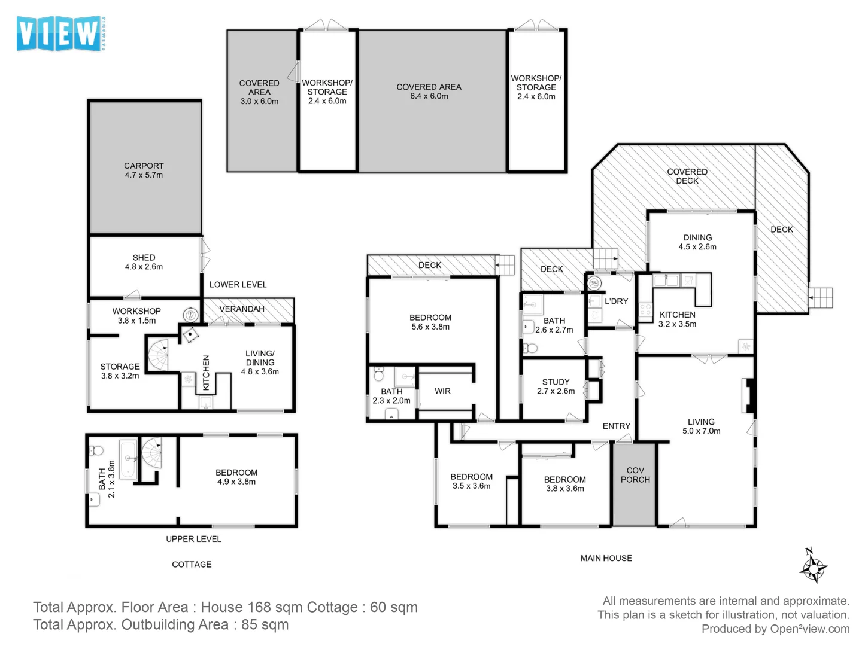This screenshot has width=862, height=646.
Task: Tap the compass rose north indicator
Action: (x=813, y=566)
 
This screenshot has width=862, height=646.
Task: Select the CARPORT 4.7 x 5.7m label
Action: (x=144, y=170)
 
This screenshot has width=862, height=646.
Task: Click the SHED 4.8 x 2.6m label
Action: (x=144, y=262)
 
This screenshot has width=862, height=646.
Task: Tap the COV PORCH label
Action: (x=635, y=475)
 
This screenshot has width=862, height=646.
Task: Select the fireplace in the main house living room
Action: (x=747, y=395)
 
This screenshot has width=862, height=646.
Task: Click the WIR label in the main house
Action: (x=442, y=391)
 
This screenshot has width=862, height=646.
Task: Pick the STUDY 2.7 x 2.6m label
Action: (x=556, y=386)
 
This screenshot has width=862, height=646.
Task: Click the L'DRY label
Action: (x=616, y=301)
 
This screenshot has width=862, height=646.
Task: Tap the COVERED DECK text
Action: (x=687, y=176)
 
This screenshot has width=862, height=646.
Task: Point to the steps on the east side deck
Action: (x=820, y=297)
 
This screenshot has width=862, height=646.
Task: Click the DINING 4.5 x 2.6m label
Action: (x=697, y=242)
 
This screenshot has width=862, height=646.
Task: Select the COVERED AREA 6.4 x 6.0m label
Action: (x=429, y=92)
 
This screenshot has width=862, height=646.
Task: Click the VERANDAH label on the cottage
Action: (x=242, y=309)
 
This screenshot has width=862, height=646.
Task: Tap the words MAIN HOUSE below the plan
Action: (x=606, y=558)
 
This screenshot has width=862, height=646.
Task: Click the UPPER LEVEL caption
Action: (x=193, y=539)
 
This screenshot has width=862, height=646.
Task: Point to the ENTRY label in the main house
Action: (x=616, y=426)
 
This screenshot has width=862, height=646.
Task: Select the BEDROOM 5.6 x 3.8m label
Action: (x=430, y=322)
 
